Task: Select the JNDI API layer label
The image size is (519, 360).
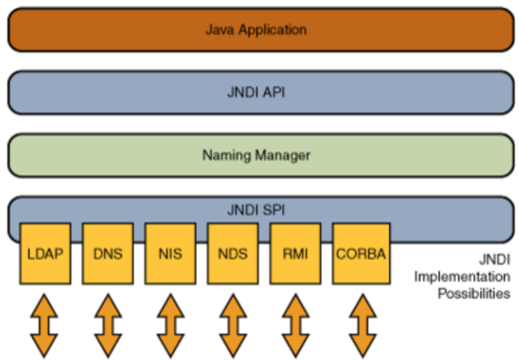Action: [256, 92]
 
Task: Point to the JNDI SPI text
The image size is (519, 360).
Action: [256, 210]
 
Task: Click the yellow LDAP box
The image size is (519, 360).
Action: [45, 253]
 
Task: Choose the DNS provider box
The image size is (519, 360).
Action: [108, 253]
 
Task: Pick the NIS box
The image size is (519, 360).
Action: [170, 253]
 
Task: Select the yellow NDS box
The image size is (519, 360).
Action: [233, 253]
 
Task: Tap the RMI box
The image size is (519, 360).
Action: [295, 253]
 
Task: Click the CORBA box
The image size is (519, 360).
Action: [361, 253]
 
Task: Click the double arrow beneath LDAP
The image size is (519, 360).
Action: [45, 326]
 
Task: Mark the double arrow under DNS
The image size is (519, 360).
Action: [108, 326]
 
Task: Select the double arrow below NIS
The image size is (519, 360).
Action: [170, 326]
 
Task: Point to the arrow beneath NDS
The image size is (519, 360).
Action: [233, 326]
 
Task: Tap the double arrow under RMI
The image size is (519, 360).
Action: [295, 326]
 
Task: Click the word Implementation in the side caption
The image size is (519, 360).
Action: [462, 276]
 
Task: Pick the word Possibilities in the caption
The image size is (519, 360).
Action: [474, 293]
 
